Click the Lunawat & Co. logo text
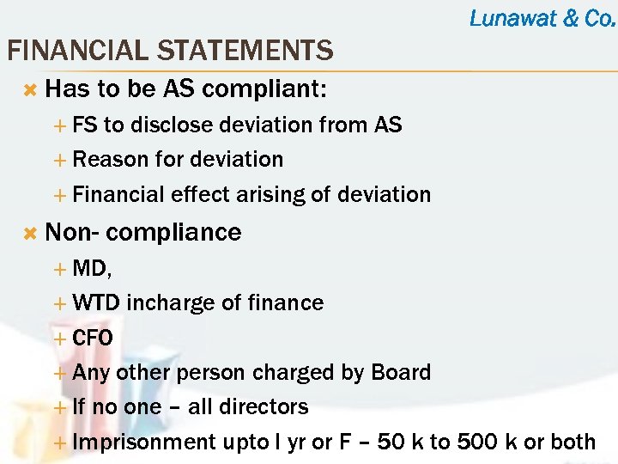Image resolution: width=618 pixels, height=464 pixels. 542,18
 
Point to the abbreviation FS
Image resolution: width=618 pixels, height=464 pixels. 85,125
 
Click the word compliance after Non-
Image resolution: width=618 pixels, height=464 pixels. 174,232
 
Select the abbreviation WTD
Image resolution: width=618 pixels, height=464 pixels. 97,302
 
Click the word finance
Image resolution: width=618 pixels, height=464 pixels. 287,302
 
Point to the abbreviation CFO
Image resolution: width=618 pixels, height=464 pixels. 93,338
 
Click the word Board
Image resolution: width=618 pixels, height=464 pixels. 401,372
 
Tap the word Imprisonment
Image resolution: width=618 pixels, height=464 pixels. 143,442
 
